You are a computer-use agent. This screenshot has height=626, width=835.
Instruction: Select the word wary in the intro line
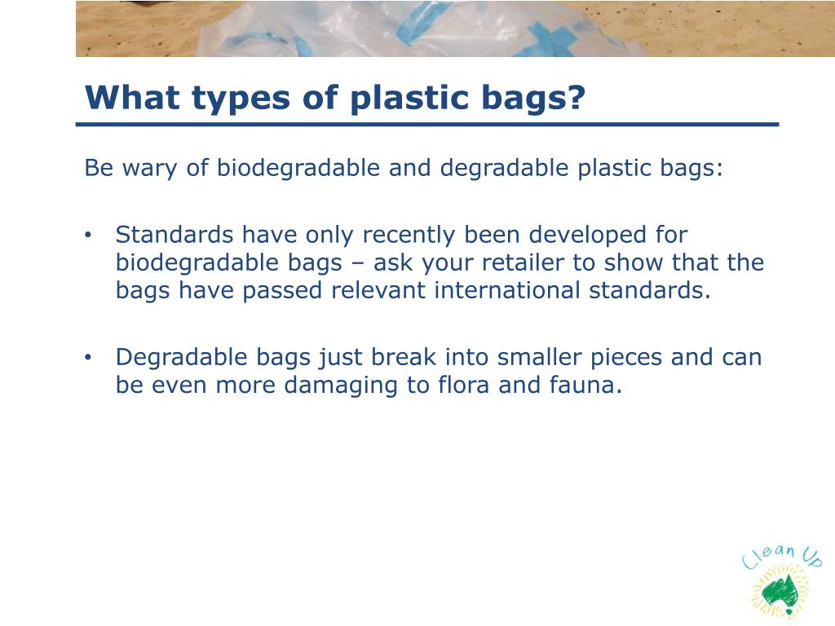pos(147,169)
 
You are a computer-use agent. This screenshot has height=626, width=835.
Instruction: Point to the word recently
pos(409,236)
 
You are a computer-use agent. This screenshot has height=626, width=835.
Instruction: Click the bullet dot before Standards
pos(90,236)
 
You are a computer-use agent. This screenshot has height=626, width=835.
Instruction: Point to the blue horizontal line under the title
pos(427,125)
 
